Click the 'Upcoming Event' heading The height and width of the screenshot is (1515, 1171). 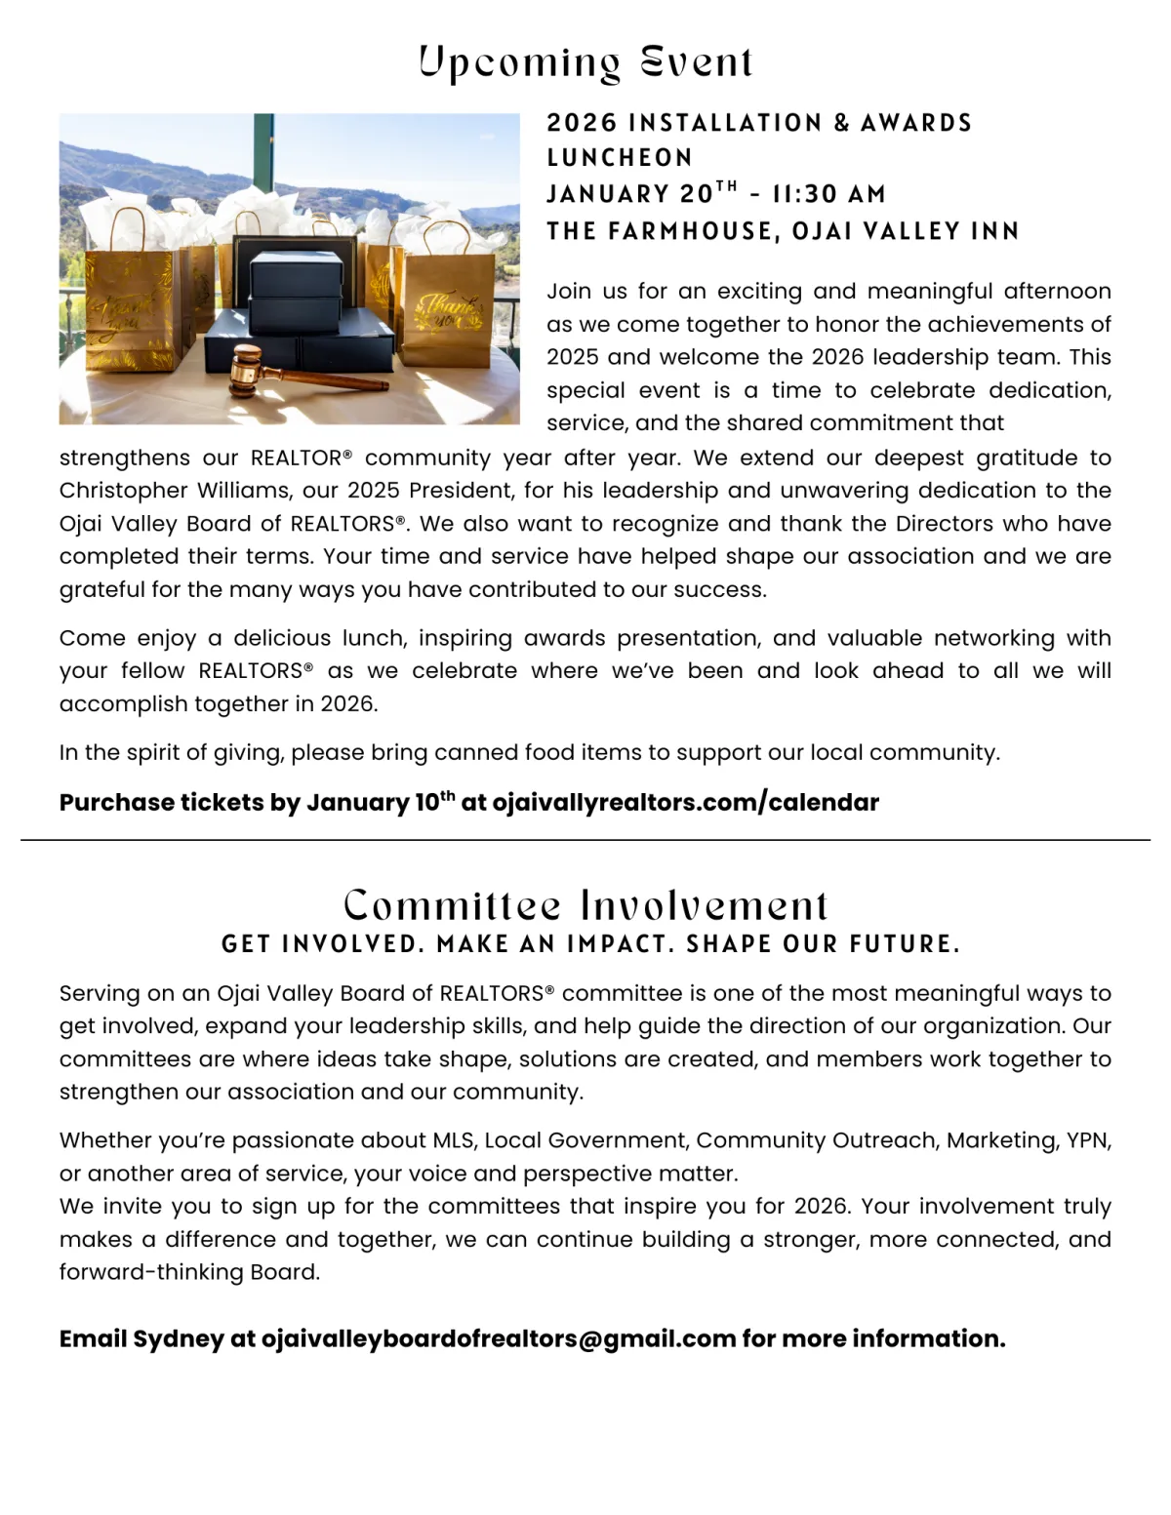click(x=585, y=62)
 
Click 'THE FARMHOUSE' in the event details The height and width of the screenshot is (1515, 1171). click(x=662, y=231)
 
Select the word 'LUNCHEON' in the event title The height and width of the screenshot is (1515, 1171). click(x=620, y=158)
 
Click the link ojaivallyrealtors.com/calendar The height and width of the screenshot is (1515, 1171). click(x=685, y=802)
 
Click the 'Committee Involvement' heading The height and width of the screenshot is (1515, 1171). click(x=585, y=905)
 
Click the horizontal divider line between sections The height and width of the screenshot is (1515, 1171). click(x=585, y=839)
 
